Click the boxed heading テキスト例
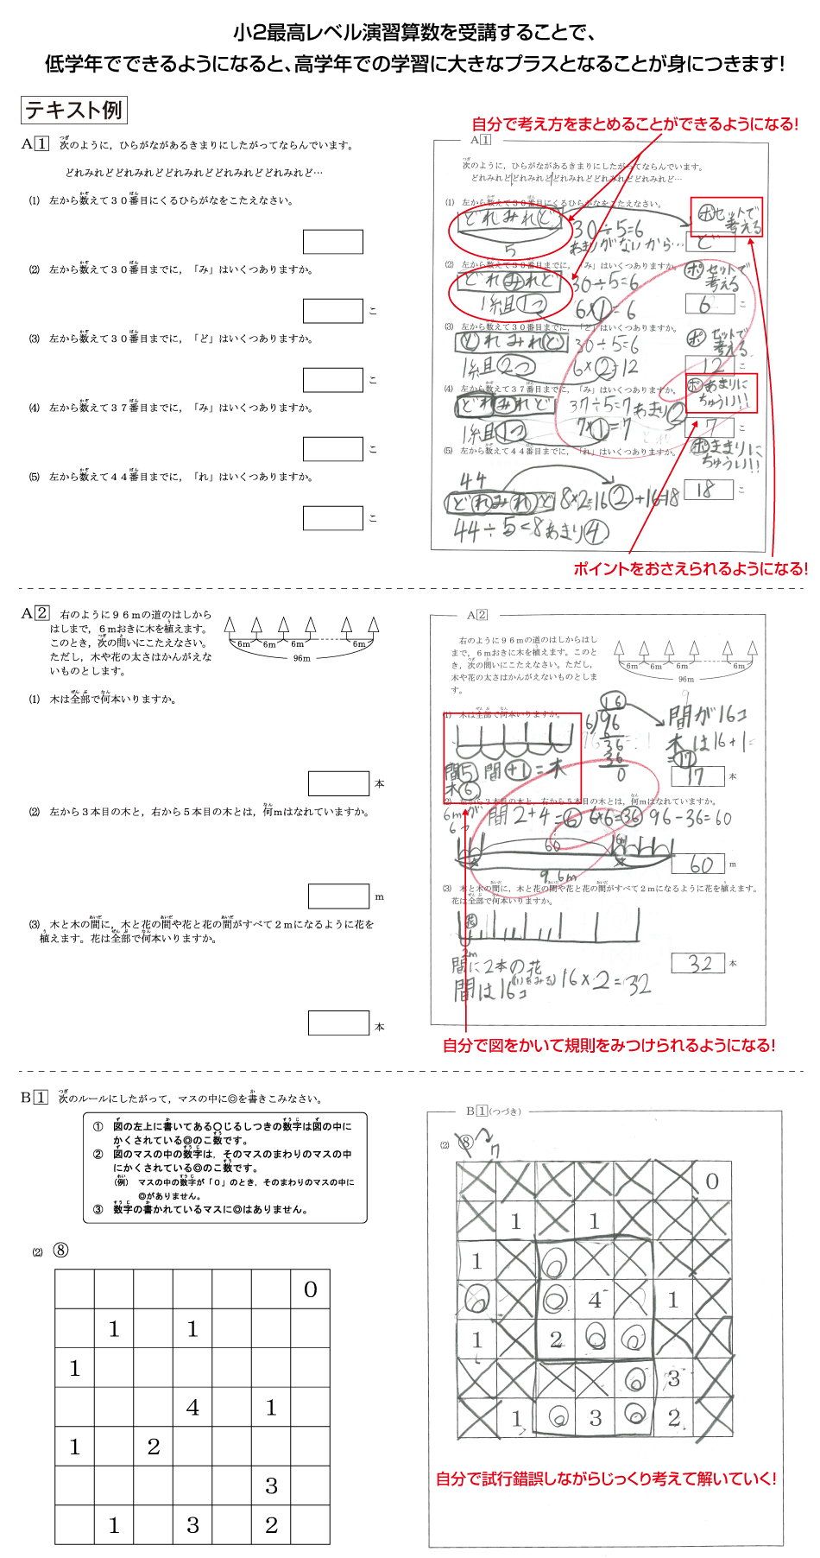point(73,111)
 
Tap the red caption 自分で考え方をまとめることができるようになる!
point(634,124)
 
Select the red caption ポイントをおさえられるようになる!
point(691,569)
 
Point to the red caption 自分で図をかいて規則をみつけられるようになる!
point(609,1046)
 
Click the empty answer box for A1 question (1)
point(332,242)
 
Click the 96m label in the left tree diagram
point(301,658)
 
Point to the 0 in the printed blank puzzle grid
point(311,1290)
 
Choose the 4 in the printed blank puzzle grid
point(192,1408)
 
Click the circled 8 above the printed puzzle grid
point(60,1250)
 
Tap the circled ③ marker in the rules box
point(98,1209)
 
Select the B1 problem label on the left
point(35,1098)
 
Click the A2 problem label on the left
point(35,613)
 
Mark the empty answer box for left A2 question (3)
point(338,1023)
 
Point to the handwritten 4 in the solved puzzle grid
point(596,1299)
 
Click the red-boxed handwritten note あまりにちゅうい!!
point(722,393)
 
